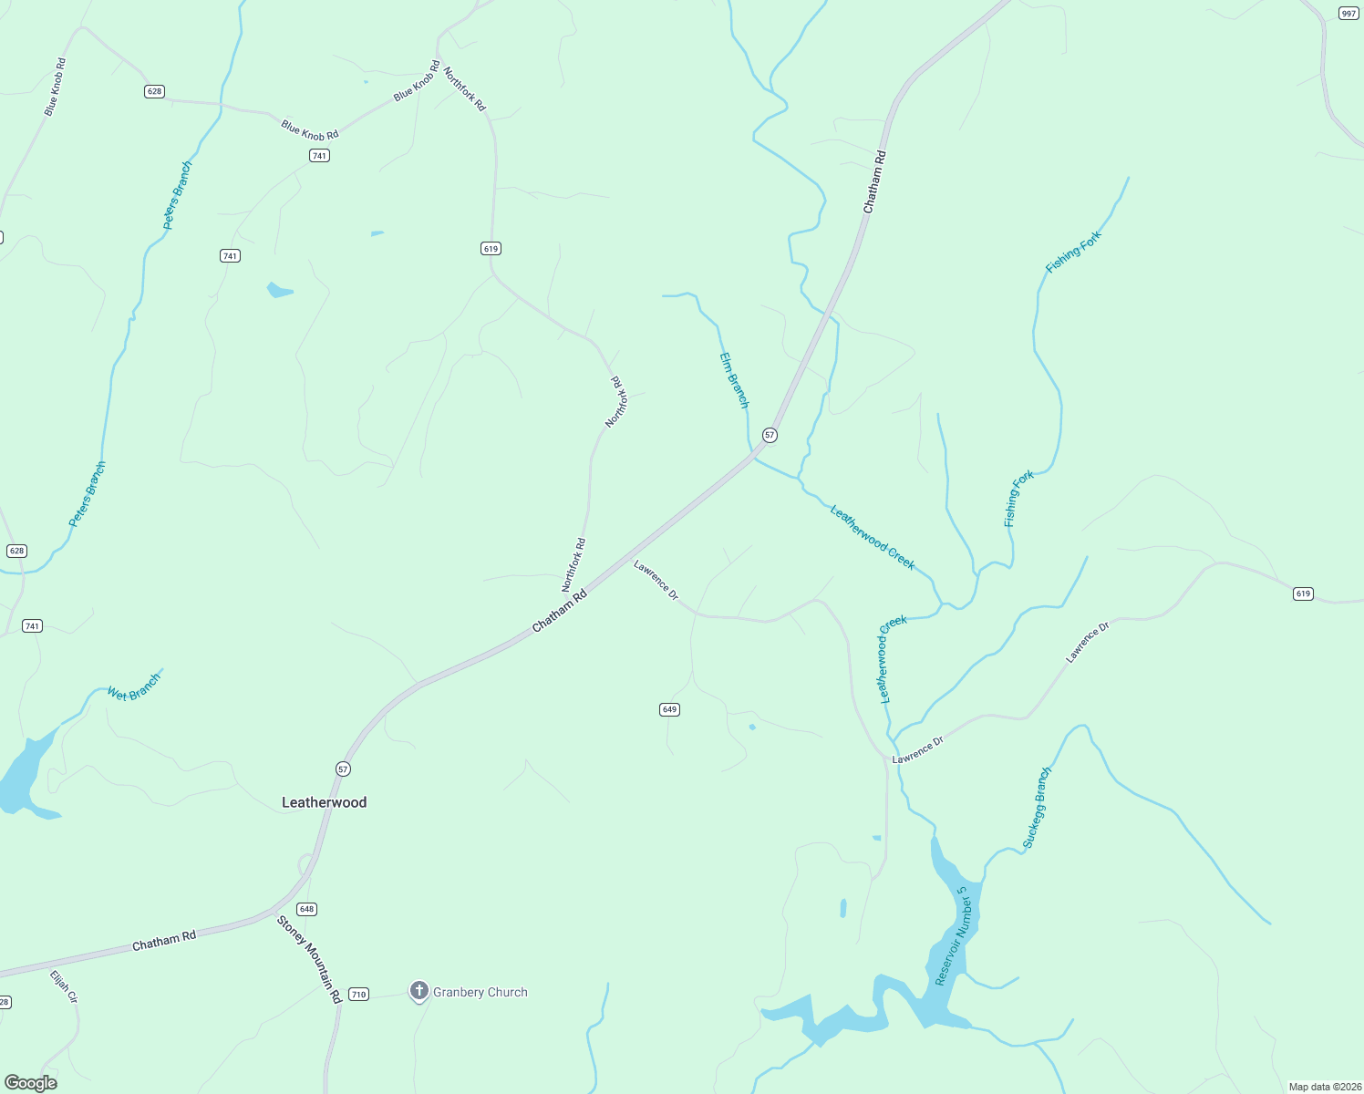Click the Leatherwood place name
click(324, 802)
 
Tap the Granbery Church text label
click(480, 992)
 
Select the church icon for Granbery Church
click(419, 991)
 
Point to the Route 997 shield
click(1348, 13)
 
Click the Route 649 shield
click(669, 709)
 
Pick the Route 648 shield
click(306, 909)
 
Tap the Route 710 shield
click(358, 995)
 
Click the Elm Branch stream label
click(734, 380)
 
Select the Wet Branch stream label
click(134, 687)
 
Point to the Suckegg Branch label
click(1037, 808)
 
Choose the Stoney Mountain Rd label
click(309, 960)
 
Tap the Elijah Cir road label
click(64, 987)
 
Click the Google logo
click(31, 1083)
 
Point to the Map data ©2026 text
click(1324, 1087)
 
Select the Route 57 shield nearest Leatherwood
click(343, 769)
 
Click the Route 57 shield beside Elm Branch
click(770, 435)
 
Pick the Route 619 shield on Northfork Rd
click(491, 248)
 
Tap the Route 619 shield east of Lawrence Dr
click(1303, 593)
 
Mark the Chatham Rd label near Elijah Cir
click(164, 941)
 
